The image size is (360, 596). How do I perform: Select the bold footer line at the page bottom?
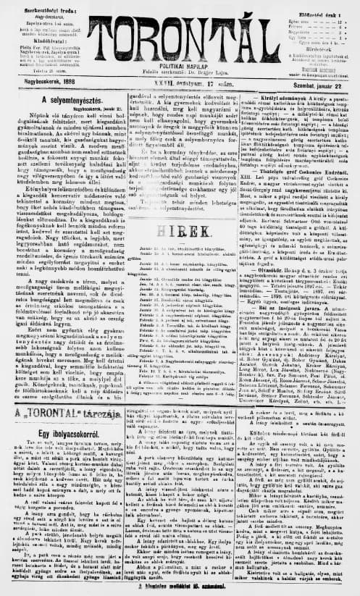coord(181,587)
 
